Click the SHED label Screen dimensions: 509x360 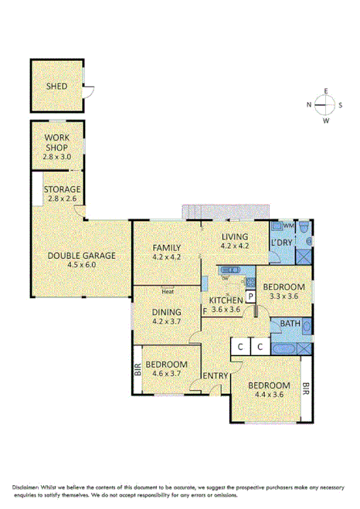pos(55,87)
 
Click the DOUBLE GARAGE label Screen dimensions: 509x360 pos(81,256)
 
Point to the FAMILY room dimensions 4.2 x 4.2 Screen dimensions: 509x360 pos(166,256)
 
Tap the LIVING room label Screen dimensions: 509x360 pos(235,237)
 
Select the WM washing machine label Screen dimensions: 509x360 pos(288,226)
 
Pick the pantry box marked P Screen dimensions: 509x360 pos(250,297)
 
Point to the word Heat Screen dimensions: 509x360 pos(168,291)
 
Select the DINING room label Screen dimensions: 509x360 pos(166,312)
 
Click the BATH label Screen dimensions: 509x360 pos(290,324)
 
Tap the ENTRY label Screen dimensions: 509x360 pos(215,376)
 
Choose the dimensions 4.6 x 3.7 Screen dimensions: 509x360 pos(166,373)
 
